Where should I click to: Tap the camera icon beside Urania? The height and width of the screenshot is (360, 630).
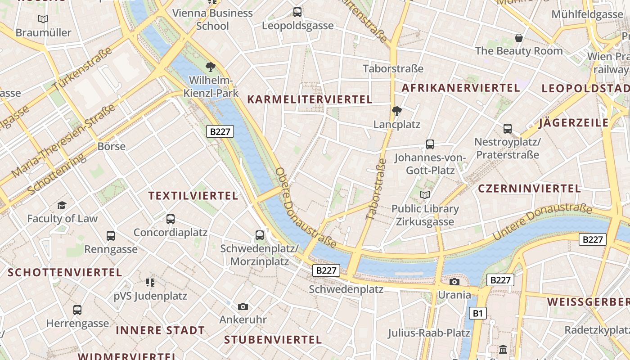(x=454, y=282)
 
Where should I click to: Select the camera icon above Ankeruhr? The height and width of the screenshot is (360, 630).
(x=243, y=306)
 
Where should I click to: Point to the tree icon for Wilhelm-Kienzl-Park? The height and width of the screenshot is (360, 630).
(x=210, y=67)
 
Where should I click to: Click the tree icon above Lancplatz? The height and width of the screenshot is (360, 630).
(x=397, y=111)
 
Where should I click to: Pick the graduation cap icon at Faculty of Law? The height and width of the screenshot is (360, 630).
(x=62, y=205)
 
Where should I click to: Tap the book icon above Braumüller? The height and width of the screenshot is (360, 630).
(x=43, y=19)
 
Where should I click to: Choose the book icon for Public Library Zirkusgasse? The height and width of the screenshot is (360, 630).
(x=425, y=195)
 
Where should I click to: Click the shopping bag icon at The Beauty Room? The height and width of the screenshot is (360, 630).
(x=519, y=37)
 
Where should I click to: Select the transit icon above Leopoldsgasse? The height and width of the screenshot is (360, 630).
(x=297, y=12)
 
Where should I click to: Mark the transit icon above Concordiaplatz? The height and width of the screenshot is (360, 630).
(x=171, y=219)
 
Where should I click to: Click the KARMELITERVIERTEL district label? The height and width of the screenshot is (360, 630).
(x=310, y=99)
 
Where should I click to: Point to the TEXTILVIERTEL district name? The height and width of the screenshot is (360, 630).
(x=193, y=196)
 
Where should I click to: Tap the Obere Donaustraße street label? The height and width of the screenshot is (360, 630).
(x=306, y=208)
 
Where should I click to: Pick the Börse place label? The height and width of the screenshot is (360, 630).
(x=112, y=146)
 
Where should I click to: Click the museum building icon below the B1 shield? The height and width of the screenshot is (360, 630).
(x=503, y=349)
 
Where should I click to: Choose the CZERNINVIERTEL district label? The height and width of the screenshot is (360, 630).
(x=529, y=189)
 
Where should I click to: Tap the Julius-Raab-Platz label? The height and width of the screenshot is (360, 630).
(x=429, y=333)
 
